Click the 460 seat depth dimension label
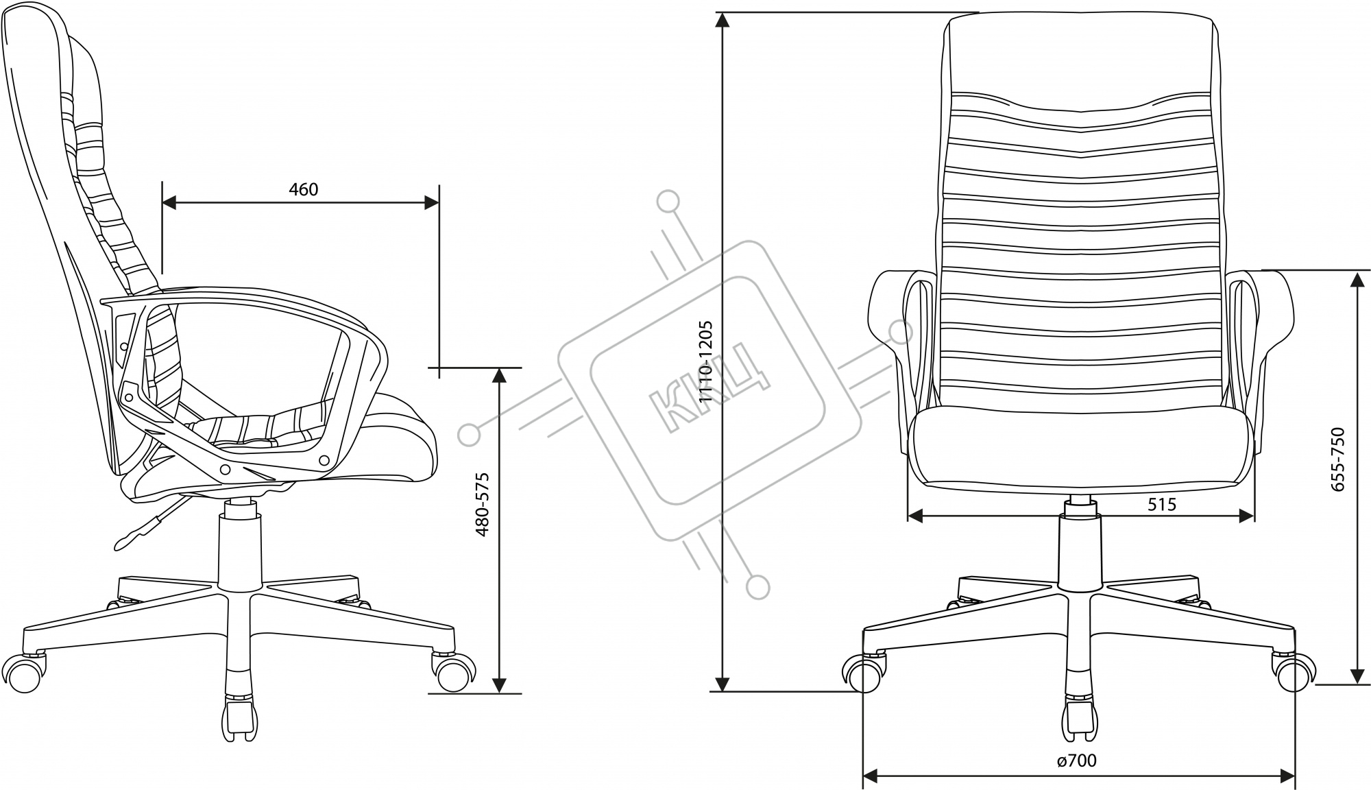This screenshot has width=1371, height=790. click(303, 189)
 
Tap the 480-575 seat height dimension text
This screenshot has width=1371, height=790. click(483, 504)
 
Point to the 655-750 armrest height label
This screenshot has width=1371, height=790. click(1337, 459)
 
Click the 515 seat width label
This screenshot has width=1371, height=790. click(1161, 505)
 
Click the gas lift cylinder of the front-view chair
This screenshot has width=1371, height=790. click(1080, 549)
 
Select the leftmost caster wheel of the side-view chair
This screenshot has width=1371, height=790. click(29, 676)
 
